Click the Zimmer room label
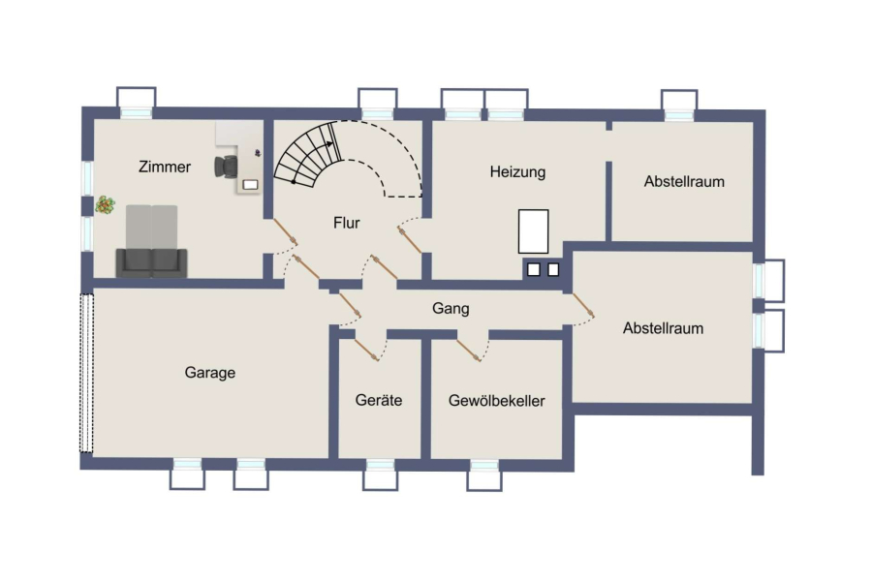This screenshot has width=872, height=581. point(165,167)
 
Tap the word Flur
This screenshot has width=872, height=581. point(347,223)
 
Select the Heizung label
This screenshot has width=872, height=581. point(517,172)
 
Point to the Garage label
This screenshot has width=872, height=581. point(210,373)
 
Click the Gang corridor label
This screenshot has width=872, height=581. point(451,309)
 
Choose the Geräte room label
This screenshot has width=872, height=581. point(379,400)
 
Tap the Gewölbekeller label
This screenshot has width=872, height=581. point(497,401)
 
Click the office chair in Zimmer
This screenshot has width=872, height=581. point(226,167)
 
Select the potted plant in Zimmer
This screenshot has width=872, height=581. point(105,205)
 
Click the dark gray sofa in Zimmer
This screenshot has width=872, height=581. point(151,263)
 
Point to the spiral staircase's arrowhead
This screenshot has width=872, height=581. point(330,144)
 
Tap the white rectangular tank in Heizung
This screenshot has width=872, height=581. point(533,231)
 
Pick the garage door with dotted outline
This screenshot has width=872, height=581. point(87,374)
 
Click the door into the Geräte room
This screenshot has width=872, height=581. point(367,350)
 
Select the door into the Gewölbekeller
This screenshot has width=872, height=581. point(469,351)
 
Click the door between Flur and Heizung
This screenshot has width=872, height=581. point(410,239)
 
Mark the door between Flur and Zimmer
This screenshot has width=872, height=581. point(286,231)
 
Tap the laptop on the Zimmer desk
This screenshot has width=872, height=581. point(251,185)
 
